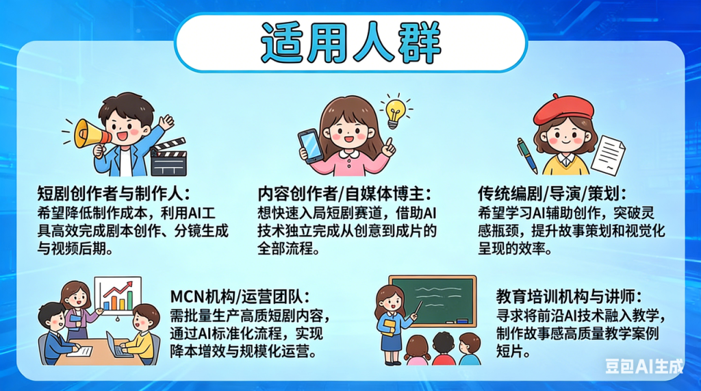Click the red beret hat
coord(563,109)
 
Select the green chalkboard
coord(432,301)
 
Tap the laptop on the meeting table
coord(117,345)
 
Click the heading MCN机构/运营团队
coord(240,297)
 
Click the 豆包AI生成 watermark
coord(644,366)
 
